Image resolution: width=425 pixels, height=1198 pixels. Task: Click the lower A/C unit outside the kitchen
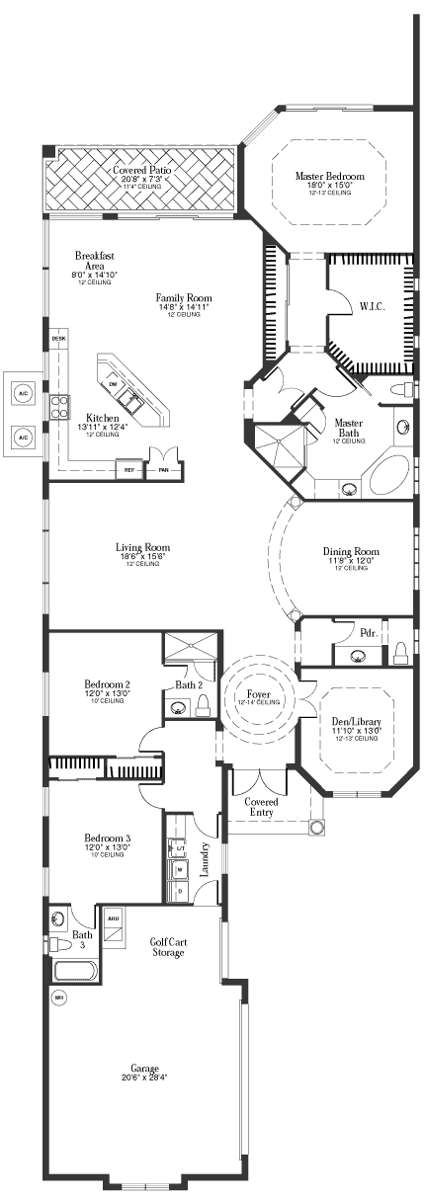pos(22,435)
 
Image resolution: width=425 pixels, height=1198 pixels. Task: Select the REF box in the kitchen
pos(128,470)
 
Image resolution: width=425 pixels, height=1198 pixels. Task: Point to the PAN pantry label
pos(163,470)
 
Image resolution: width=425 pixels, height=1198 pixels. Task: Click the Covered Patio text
pos(141,170)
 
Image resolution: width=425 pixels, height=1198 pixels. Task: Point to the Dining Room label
pos(351,551)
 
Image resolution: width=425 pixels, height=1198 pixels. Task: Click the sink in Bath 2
pos(179,706)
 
